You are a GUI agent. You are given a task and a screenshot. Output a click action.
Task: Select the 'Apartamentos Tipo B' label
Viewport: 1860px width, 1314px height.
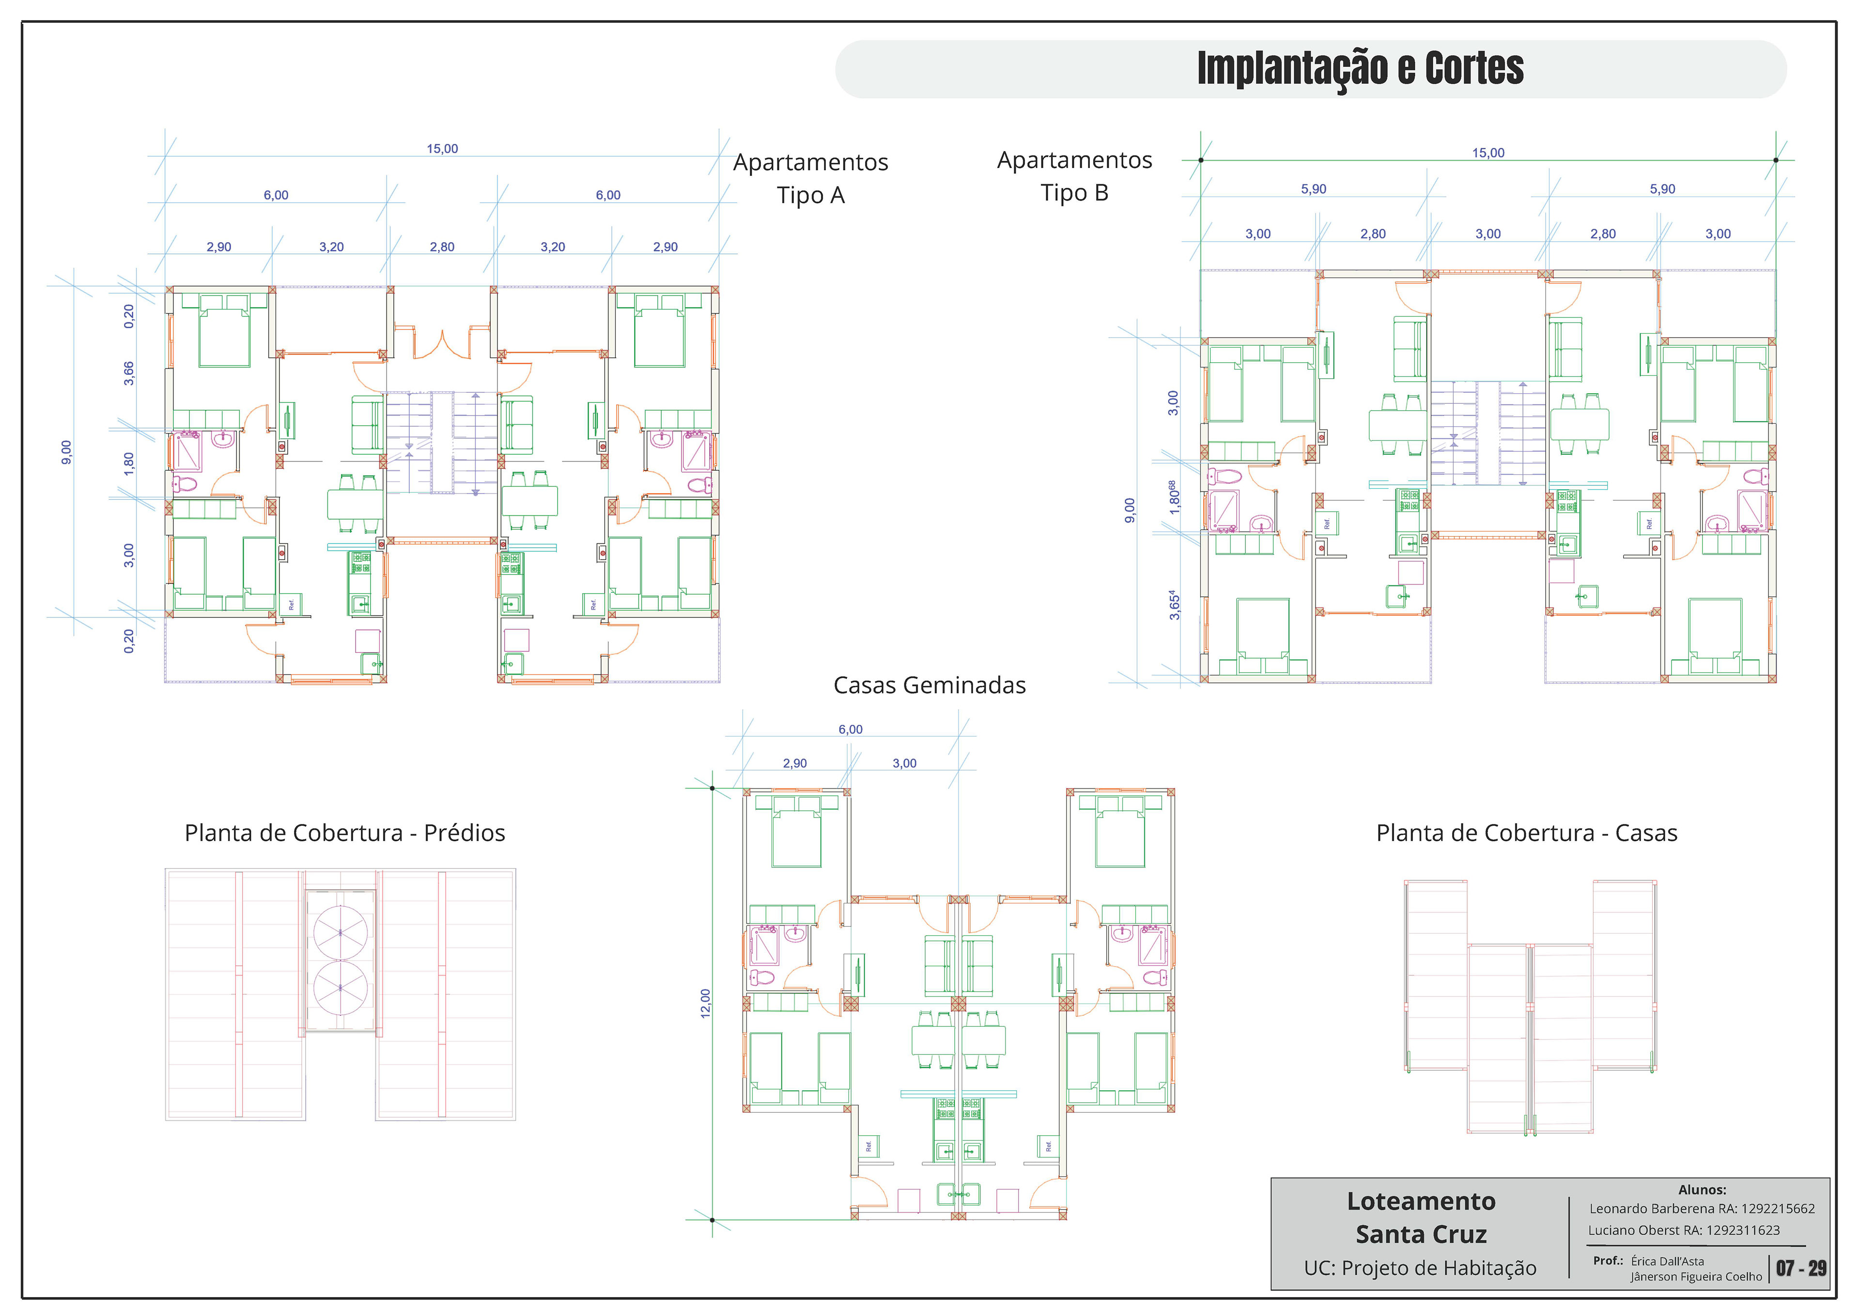[x=1074, y=176]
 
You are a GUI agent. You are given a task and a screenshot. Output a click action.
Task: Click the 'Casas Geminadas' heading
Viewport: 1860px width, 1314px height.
[x=929, y=685]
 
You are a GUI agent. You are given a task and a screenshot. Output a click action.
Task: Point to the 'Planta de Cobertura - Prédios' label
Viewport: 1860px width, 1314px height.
[x=344, y=833]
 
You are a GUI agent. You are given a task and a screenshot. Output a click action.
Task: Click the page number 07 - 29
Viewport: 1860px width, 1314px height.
[x=1801, y=1268]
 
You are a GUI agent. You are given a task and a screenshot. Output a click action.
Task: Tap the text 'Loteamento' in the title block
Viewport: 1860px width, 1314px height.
[x=1421, y=1202]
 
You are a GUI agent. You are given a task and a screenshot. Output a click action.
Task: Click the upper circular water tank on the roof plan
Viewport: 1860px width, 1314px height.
[x=340, y=932]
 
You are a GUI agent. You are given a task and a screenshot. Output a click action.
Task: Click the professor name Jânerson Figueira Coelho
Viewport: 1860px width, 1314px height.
[x=1696, y=1277]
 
